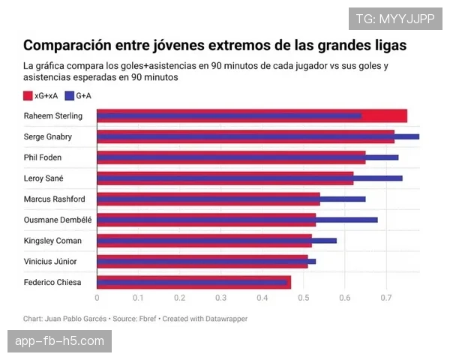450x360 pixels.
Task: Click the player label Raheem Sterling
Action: coord(52,116)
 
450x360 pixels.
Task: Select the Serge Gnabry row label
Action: coord(48,137)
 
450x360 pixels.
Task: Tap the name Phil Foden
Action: coord(43,157)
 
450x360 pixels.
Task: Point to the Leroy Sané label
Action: coord(43,178)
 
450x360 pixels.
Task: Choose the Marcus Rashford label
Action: coord(54,199)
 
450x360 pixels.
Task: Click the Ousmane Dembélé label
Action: coord(58,220)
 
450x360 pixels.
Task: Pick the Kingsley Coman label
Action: coord(52,241)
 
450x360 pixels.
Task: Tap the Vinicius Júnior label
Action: coord(50,261)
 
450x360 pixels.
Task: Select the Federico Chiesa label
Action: coord(52,282)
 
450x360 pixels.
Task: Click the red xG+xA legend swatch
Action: coord(28,96)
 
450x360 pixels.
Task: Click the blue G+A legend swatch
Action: coord(70,96)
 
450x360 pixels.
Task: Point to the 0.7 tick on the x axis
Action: coord(385,298)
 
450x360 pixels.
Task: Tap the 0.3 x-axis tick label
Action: coord(220,298)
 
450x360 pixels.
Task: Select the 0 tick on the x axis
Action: coord(97,298)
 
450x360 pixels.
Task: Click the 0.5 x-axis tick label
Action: coord(303,298)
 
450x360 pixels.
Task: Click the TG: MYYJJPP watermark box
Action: coord(394,19)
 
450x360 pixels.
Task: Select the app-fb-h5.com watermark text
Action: coord(59,341)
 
